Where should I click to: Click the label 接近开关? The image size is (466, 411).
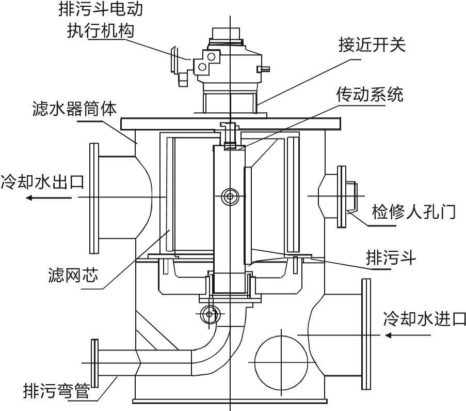(372, 45)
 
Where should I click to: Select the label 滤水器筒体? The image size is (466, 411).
(74, 110)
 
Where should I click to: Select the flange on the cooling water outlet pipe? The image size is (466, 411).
(94, 197)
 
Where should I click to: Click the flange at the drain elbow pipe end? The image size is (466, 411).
(94, 366)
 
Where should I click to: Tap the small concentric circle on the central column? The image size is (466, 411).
(229, 196)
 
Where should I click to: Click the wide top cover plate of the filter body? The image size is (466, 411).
(230, 124)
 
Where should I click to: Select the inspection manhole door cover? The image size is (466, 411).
(341, 196)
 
